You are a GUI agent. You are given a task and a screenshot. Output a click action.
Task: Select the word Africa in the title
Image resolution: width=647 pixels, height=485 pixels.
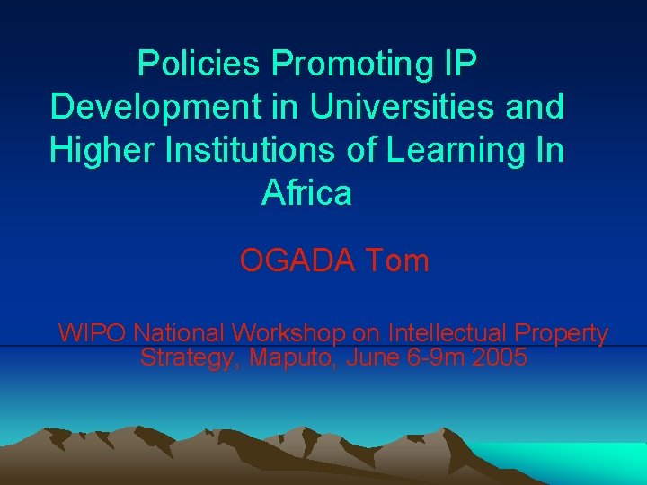307,192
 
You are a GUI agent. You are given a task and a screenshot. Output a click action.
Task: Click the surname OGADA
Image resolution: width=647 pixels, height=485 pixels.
298,261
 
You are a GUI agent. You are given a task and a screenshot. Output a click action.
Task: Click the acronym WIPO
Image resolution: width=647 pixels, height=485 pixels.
93,333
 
